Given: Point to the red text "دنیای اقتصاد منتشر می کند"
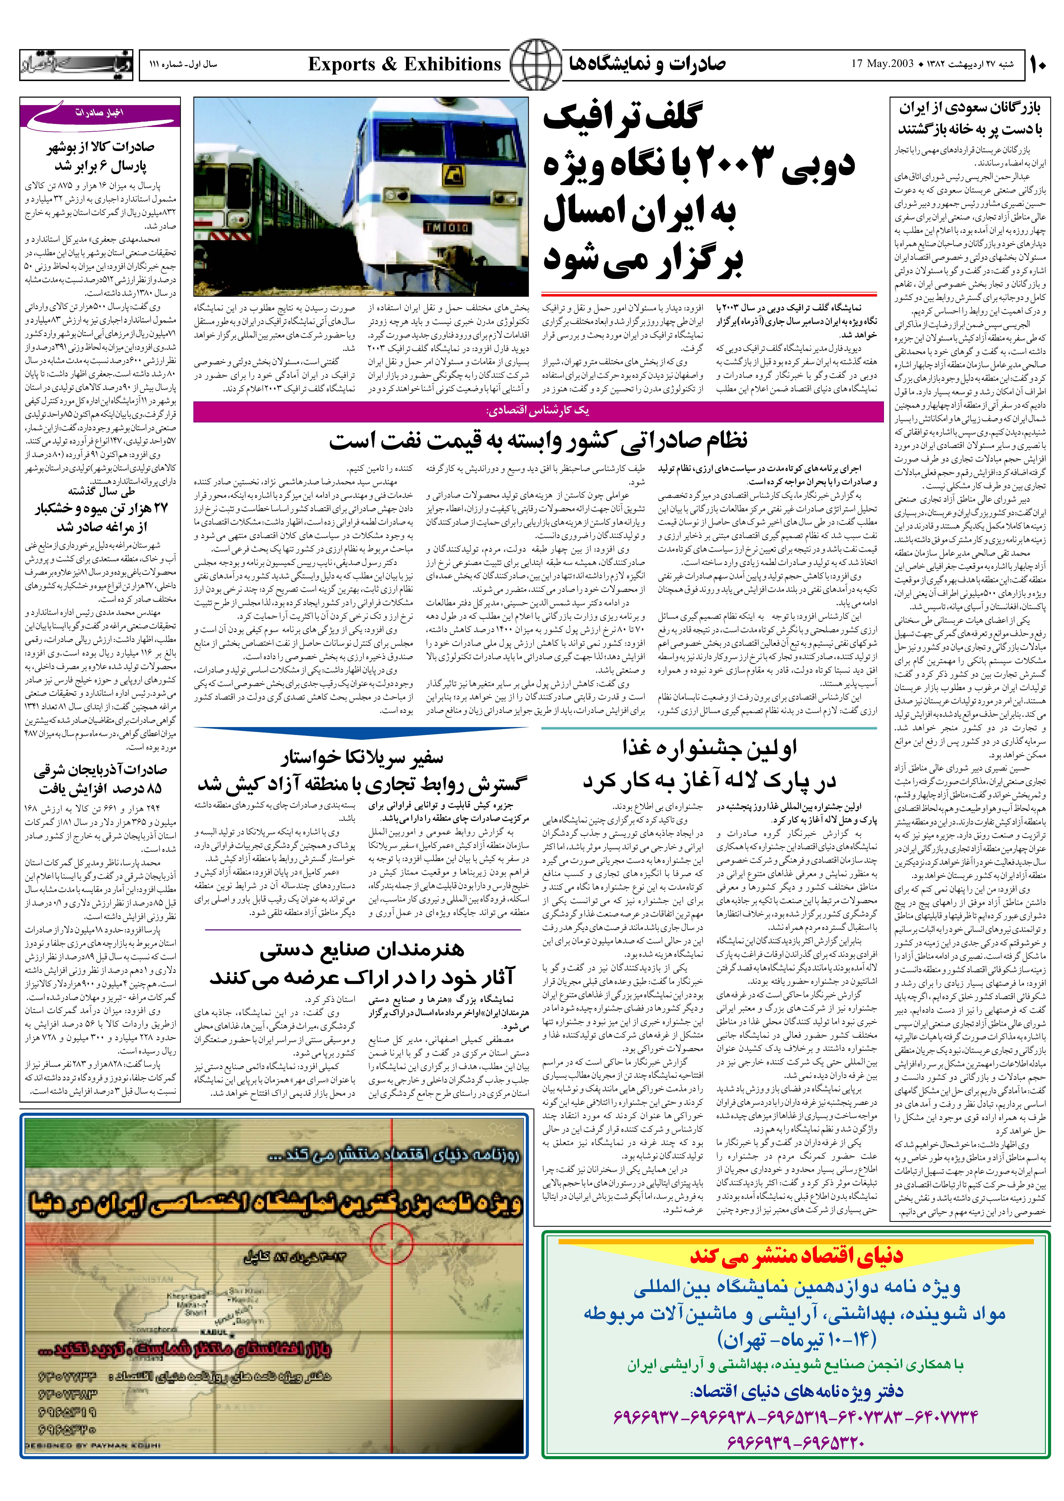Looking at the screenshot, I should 796,1255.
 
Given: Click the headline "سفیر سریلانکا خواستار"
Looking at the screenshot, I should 362,759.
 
